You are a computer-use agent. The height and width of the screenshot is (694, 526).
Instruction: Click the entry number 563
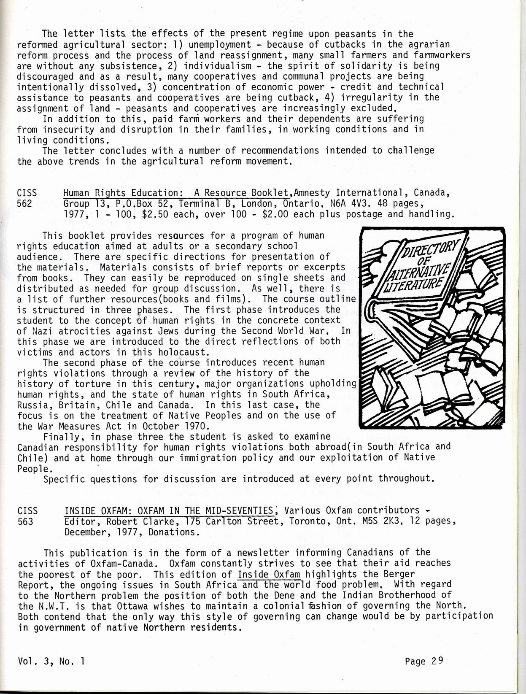pyautogui.click(x=25, y=521)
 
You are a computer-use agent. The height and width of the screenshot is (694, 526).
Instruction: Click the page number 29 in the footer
pyautogui.click(x=437, y=661)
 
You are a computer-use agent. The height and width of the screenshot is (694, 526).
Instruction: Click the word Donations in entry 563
pyautogui.click(x=175, y=532)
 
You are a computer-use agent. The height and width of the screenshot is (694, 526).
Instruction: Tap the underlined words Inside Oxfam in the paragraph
pyautogui.click(x=269, y=574)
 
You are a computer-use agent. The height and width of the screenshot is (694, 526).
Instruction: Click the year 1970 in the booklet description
pyautogui.click(x=194, y=426)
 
